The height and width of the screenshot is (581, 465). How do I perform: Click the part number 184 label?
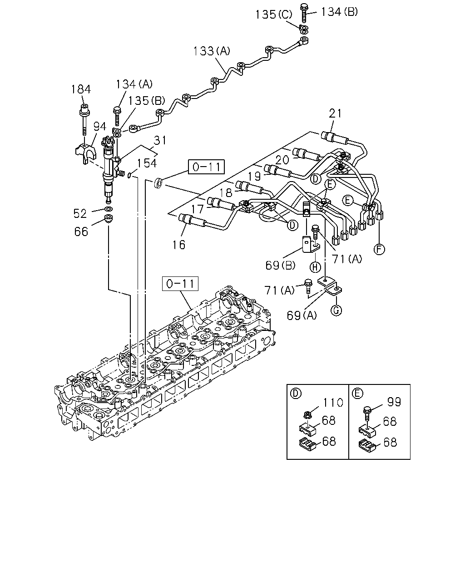[81, 89]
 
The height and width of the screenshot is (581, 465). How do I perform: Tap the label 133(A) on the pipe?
[212, 51]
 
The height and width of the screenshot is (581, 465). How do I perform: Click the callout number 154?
[147, 163]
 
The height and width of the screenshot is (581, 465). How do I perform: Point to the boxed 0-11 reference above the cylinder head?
[180, 284]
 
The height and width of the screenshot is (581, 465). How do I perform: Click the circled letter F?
[379, 249]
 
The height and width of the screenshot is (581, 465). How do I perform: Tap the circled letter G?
[336, 310]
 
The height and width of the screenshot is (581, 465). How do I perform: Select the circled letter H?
[315, 267]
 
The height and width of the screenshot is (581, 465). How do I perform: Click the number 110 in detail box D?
[333, 403]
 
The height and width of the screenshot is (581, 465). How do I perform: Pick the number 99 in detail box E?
[394, 402]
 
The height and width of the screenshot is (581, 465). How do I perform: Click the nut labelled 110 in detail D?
[307, 415]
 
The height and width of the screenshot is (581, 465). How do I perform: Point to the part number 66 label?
[81, 231]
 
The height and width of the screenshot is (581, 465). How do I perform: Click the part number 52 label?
[80, 213]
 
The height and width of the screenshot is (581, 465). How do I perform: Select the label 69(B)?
[280, 266]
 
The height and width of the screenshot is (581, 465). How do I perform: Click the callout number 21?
[335, 113]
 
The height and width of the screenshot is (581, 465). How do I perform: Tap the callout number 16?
[179, 245]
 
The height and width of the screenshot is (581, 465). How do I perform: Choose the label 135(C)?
[274, 15]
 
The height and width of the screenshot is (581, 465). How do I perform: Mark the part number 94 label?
[100, 126]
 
